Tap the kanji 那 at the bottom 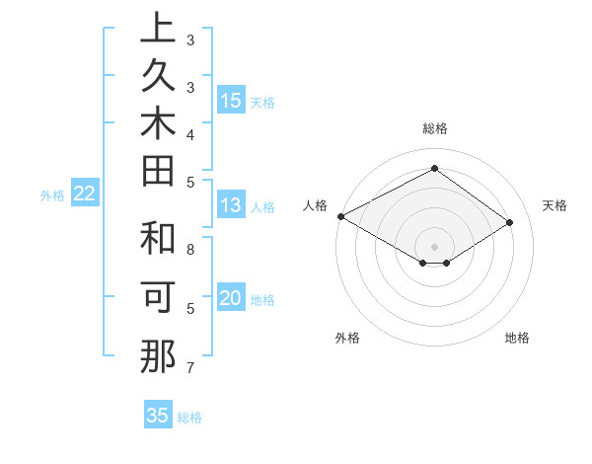pyautogui.click(x=158, y=357)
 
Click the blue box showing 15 pyautogui.click(x=231, y=101)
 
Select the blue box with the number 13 pyautogui.click(x=231, y=206)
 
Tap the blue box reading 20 pyautogui.click(x=231, y=298)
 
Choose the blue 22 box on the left pyautogui.click(x=85, y=194)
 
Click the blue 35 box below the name pyautogui.click(x=158, y=416)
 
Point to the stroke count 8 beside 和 pyautogui.click(x=189, y=249)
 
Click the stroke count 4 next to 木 pyautogui.click(x=189, y=133)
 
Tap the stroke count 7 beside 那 pyautogui.click(x=189, y=368)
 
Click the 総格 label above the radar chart pyautogui.click(x=434, y=128)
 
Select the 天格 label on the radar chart pyautogui.click(x=555, y=205)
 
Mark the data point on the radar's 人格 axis pyautogui.click(x=340, y=215)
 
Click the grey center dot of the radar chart pyautogui.click(x=434, y=246)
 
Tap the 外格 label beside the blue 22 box pyautogui.click(x=52, y=195)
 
